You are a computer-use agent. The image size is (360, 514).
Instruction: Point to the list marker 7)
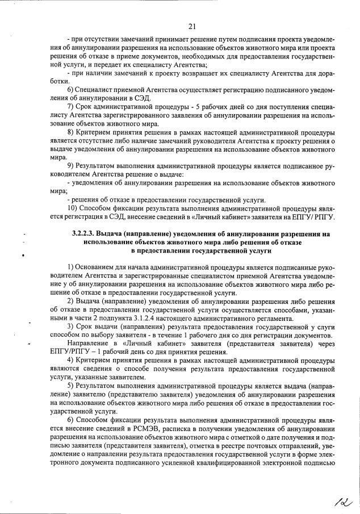click(70, 107)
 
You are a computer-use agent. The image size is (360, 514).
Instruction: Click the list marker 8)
click(70, 132)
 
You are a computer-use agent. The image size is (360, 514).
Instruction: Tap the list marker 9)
click(70, 165)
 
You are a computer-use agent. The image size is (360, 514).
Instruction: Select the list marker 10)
click(72, 208)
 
